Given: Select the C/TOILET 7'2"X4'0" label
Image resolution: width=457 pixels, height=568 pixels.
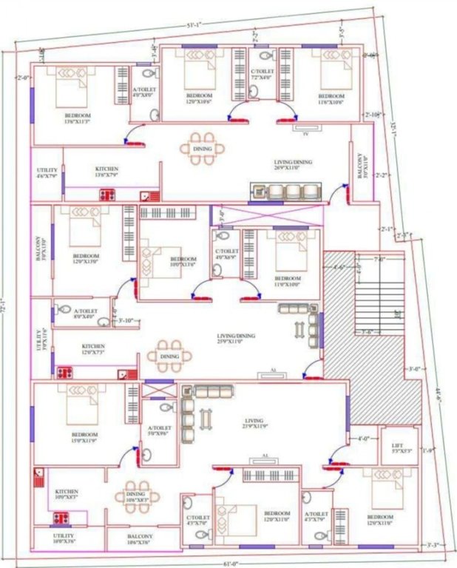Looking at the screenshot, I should click(261, 73).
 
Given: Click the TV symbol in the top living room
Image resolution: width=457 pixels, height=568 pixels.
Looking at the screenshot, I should click(305, 134).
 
